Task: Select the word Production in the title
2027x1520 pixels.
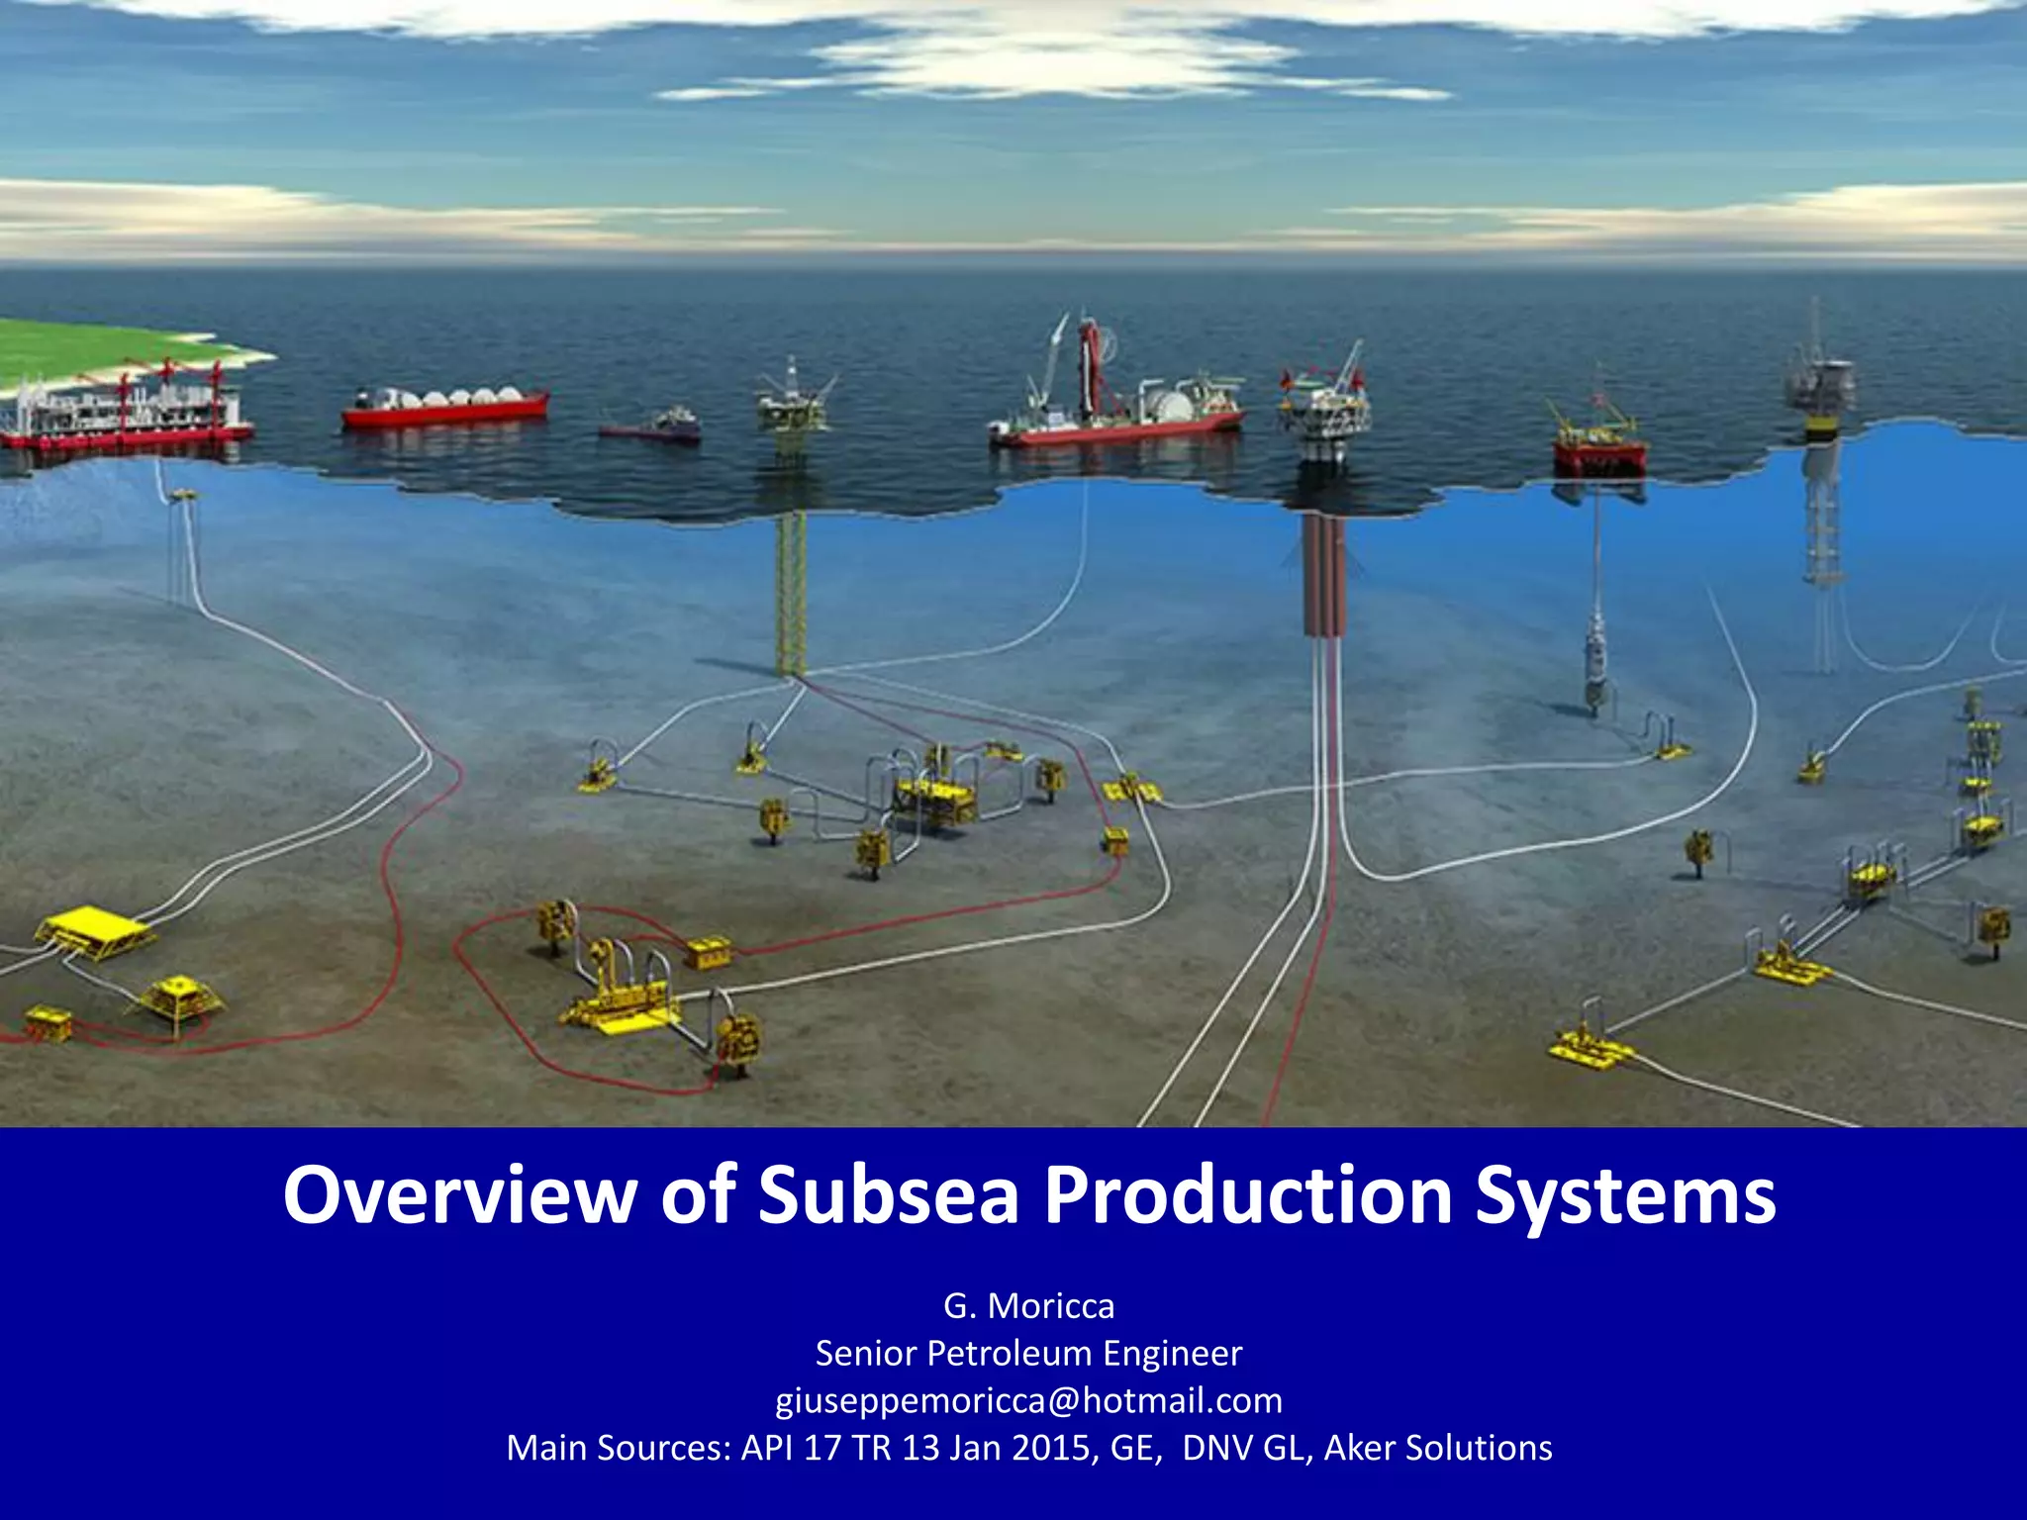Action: coord(1248,1195)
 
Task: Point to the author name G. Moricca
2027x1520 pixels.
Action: coord(1028,1306)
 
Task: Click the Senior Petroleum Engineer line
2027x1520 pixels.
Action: coord(1028,1353)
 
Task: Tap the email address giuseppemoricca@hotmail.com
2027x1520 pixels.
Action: coord(1028,1400)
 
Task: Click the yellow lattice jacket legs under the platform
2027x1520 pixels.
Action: coord(791,594)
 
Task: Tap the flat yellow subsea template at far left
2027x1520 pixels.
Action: coord(94,930)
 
